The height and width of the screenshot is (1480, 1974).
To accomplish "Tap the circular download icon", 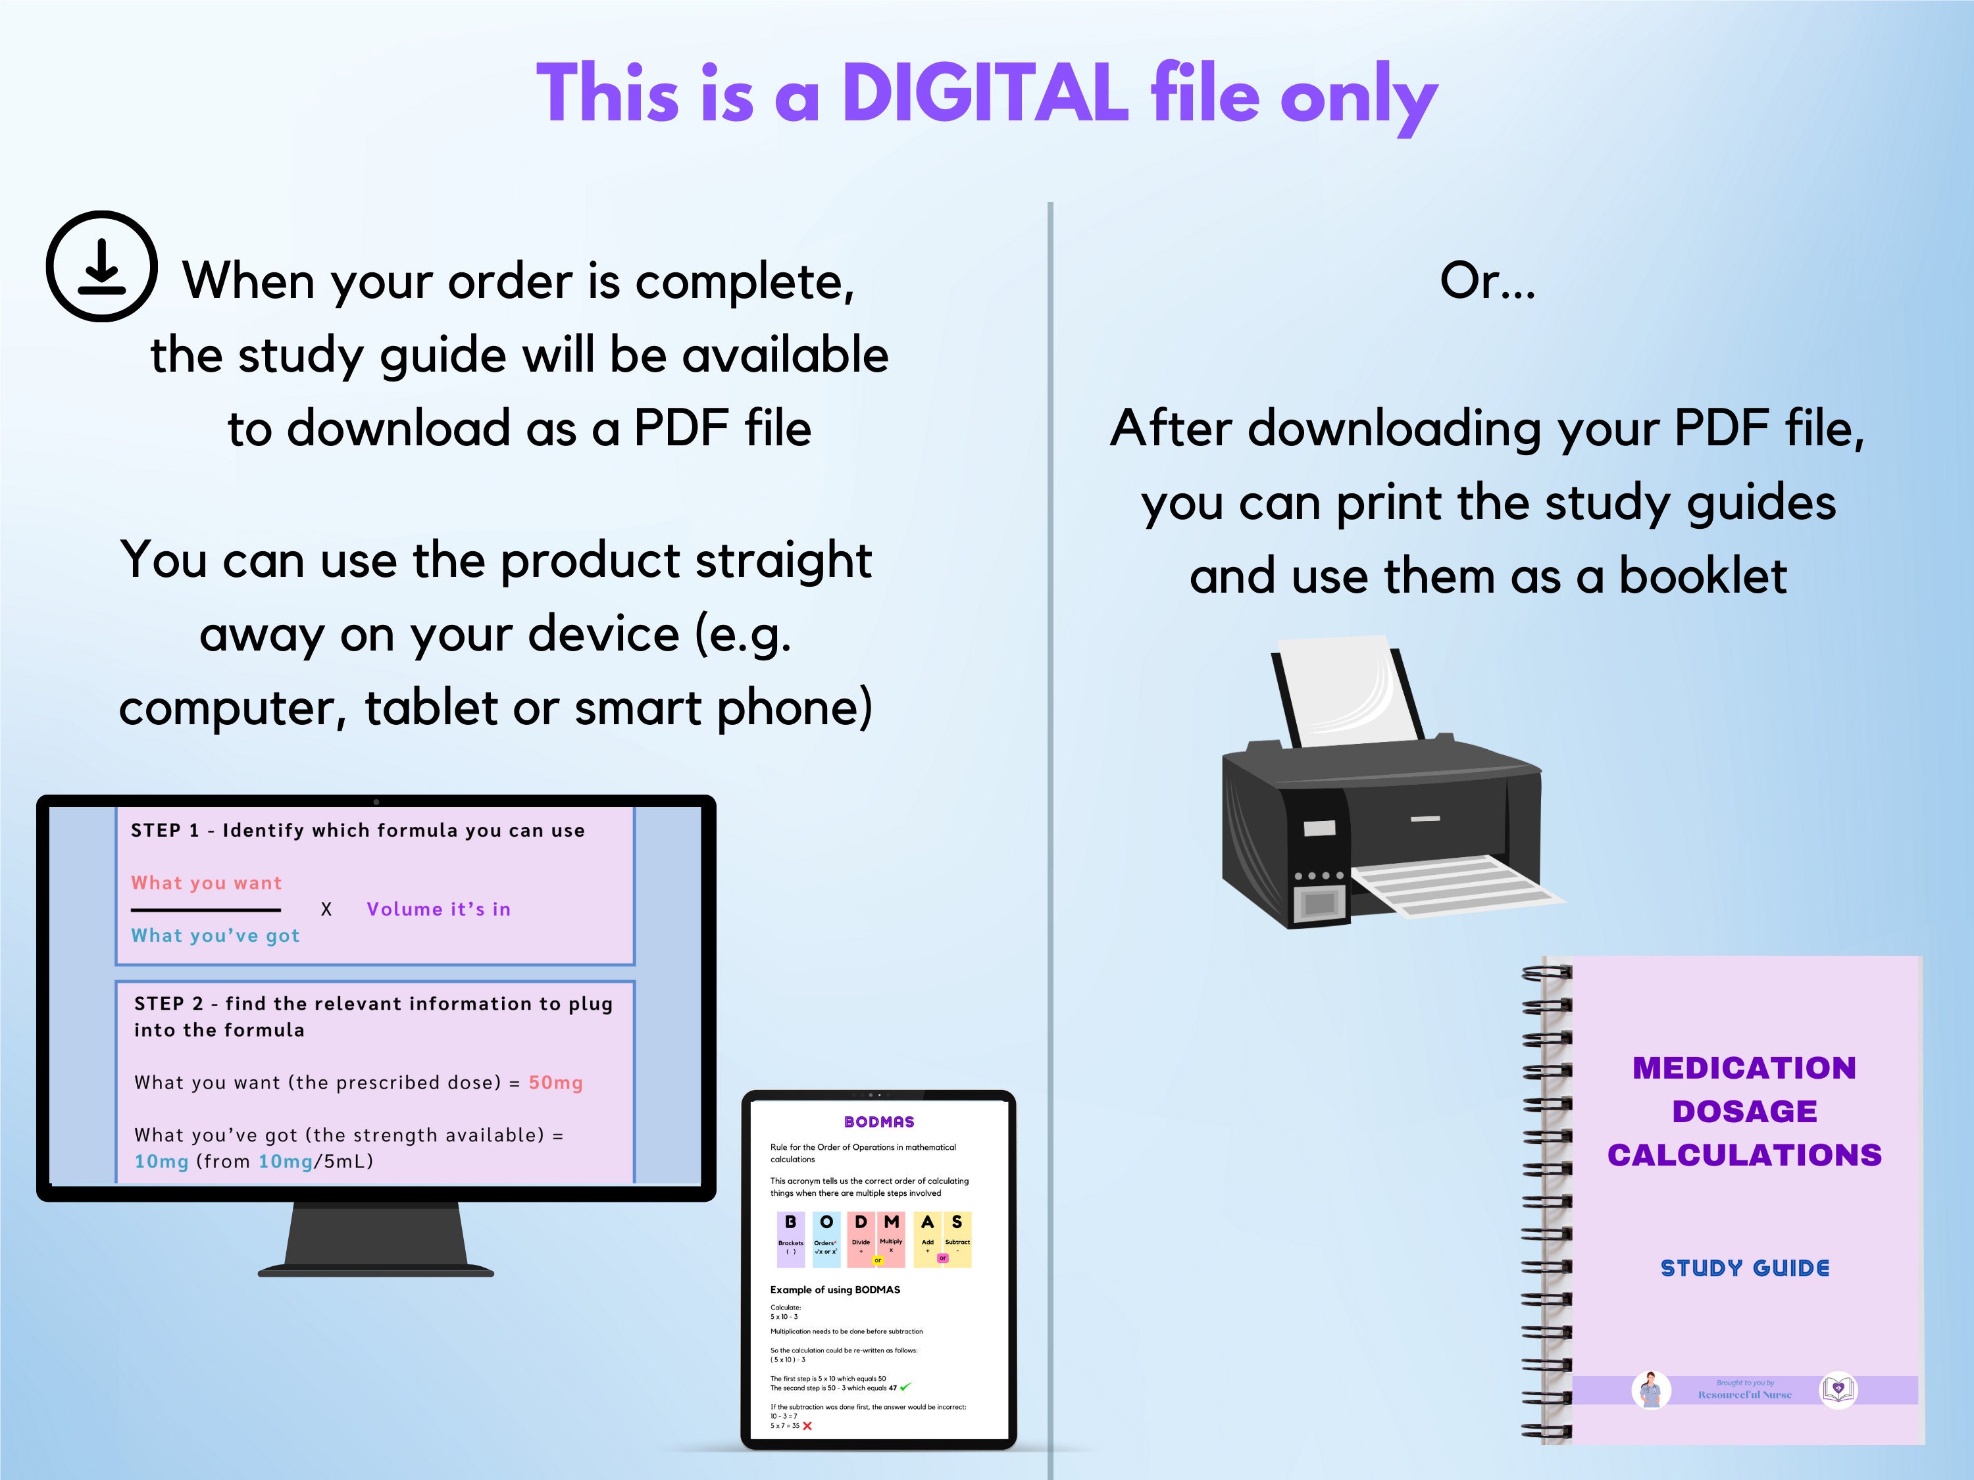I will [102, 266].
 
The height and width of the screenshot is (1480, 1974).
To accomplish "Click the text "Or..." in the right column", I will [1488, 281].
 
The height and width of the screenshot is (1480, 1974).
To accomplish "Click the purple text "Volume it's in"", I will [438, 909].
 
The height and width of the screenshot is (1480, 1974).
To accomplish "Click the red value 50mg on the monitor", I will [555, 1082].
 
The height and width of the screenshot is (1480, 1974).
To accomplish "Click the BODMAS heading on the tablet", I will [879, 1122].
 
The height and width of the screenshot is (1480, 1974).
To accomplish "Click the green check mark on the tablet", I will [906, 1387].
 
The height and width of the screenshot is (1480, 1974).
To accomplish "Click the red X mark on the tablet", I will [807, 1425].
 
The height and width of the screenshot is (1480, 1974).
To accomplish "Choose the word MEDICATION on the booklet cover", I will [1744, 1068].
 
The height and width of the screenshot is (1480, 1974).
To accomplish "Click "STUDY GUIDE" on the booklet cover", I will [1744, 1268].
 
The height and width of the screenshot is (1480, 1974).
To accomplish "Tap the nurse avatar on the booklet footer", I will [1651, 1390].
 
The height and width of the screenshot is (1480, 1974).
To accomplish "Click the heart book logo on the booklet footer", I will [1837, 1389].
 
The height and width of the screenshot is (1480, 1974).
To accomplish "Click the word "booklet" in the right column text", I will [1703, 576].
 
